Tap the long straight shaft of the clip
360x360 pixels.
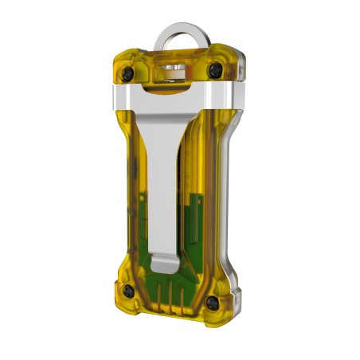coord(162,183)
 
